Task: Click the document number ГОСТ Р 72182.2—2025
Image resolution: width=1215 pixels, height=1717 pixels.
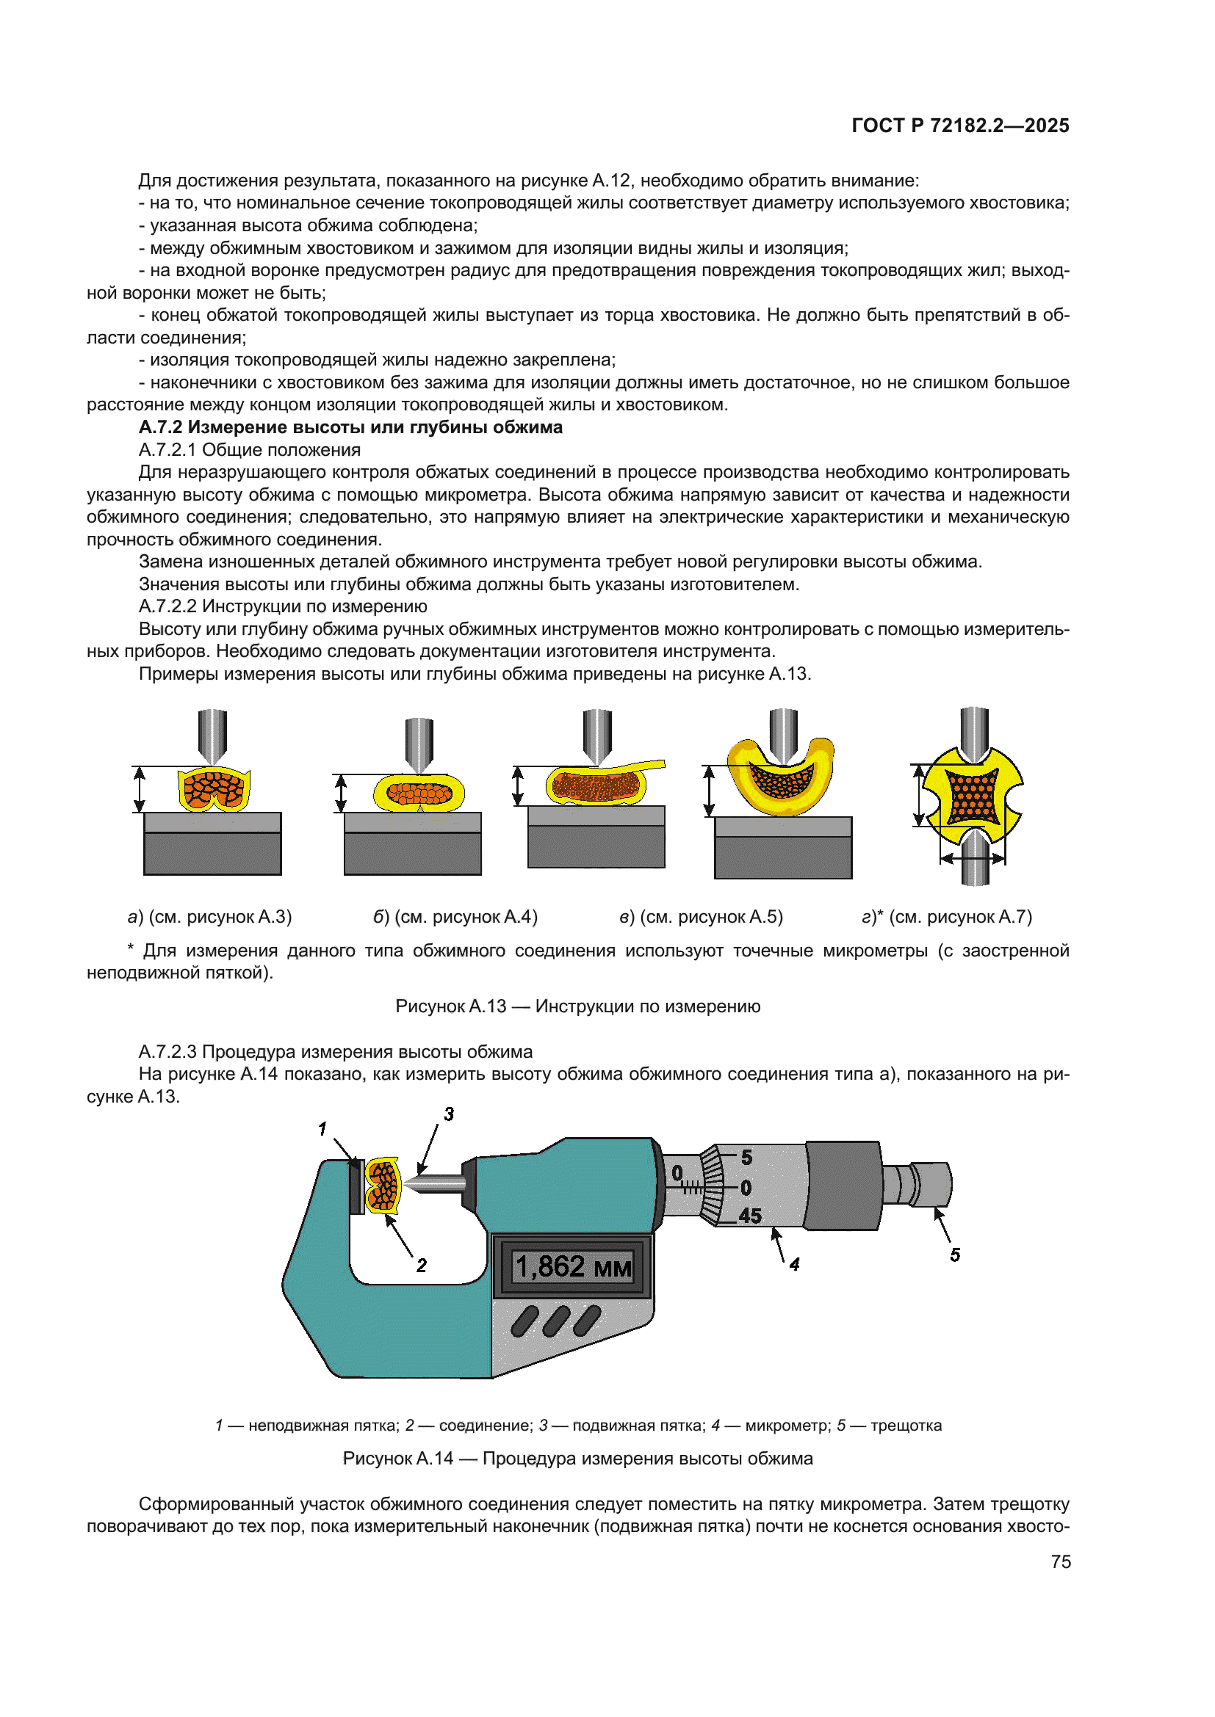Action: click(x=960, y=126)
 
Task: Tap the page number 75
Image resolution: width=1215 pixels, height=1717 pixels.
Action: click(x=1060, y=1561)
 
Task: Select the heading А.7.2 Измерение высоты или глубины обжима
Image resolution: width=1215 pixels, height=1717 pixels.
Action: click(x=350, y=427)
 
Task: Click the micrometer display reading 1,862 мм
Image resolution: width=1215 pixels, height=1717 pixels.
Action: click(x=573, y=1267)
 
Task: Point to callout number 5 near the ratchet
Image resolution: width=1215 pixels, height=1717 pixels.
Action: click(x=955, y=1255)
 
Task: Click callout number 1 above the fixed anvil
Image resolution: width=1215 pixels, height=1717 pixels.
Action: click(x=322, y=1128)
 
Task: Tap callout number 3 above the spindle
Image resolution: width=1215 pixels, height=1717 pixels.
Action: click(x=449, y=1114)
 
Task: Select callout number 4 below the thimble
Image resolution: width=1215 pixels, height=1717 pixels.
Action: click(x=795, y=1264)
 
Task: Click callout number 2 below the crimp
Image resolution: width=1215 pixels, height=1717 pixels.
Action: click(x=421, y=1265)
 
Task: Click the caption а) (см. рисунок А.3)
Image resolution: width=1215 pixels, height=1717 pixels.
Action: click(x=209, y=917)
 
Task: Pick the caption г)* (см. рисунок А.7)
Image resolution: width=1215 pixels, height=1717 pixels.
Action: click(x=946, y=917)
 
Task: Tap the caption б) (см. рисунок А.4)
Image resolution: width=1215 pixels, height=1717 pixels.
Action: click(x=455, y=917)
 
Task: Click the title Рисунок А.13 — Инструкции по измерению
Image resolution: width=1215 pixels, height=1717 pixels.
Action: click(x=577, y=1006)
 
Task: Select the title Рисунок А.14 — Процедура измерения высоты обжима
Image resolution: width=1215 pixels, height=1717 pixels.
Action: click(x=577, y=1459)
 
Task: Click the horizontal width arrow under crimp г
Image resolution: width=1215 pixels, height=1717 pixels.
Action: click(x=973, y=859)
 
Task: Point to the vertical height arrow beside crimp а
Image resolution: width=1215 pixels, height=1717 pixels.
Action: click(x=139, y=790)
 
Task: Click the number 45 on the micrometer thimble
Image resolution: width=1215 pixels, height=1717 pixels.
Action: click(x=750, y=1216)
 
